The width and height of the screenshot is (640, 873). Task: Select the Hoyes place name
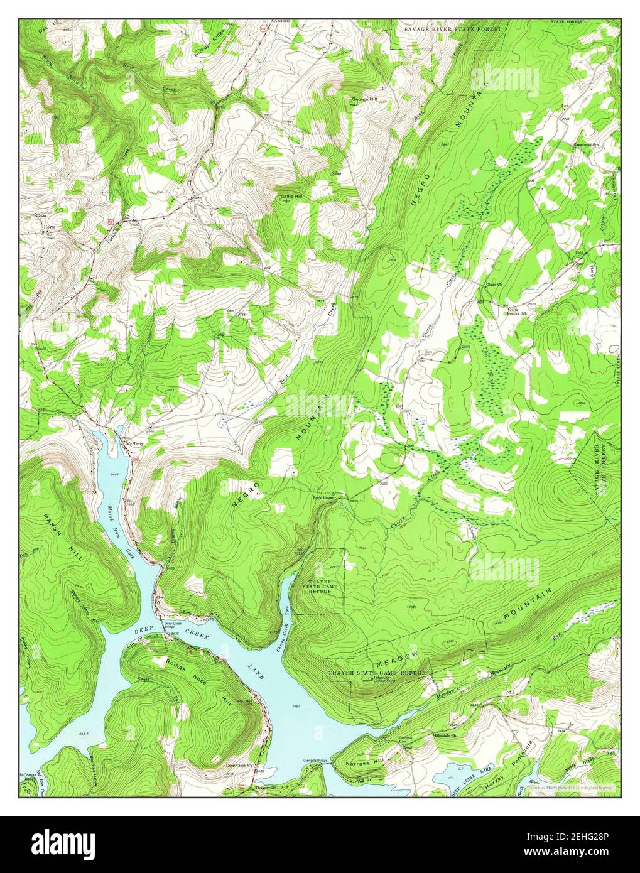pos(48,225)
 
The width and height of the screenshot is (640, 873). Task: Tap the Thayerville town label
pos(265,787)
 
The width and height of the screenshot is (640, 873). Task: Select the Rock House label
pos(323,498)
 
